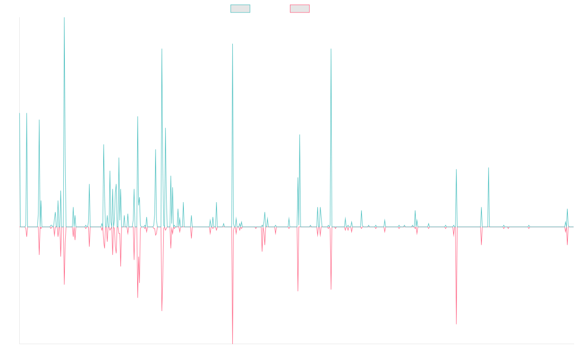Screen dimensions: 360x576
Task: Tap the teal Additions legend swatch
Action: (x=240, y=9)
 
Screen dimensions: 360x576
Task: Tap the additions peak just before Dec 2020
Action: (x=331, y=49)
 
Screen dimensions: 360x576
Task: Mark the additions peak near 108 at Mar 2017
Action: (x=161, y=49)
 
